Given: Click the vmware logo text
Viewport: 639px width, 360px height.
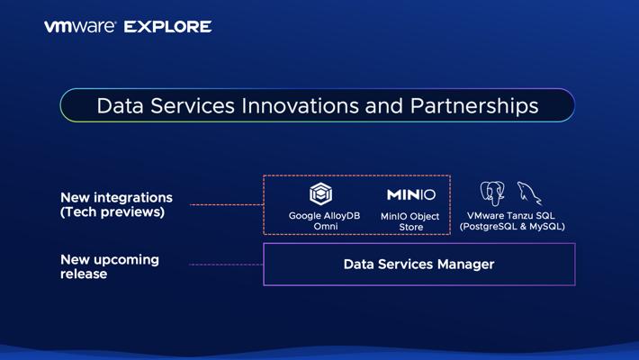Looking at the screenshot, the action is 80,27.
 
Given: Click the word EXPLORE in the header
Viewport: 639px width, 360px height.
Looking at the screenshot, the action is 168,27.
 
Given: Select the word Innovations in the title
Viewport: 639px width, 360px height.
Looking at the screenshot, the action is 300,106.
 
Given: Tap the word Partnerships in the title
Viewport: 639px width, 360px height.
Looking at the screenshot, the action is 474,107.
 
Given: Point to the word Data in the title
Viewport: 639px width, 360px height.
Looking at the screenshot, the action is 121,106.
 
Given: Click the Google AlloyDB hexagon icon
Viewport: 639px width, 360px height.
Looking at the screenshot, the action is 320,193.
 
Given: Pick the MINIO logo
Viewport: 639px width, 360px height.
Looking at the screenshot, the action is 411,194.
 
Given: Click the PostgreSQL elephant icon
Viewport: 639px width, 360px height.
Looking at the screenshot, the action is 492,193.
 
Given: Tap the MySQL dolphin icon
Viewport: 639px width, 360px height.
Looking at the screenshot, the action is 529,193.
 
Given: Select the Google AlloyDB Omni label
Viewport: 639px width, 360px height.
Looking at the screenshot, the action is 324,221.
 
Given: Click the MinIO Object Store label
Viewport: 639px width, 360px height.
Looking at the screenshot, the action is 410,221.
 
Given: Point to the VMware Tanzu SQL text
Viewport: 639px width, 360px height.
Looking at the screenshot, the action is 511,216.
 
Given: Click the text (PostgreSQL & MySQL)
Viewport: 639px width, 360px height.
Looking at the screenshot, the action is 512,226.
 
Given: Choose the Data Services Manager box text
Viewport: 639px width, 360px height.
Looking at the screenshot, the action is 418,265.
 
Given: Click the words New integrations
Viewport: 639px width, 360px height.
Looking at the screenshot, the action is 117,198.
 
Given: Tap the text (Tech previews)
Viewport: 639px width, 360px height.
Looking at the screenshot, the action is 112,212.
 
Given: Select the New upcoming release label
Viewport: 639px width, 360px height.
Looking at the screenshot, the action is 110,266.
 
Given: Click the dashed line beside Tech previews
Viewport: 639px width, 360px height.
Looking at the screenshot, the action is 227,204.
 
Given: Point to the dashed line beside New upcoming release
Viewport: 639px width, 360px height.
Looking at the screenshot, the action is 226,265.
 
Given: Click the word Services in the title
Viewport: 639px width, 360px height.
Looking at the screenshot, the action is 193,106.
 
